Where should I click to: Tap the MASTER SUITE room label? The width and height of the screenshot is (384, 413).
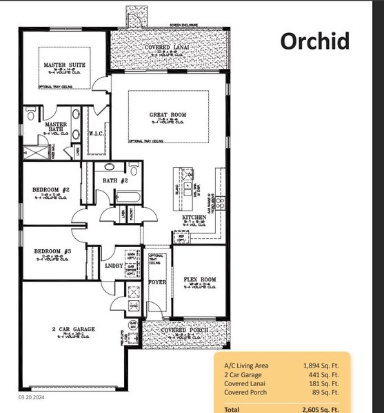tap(65, 65)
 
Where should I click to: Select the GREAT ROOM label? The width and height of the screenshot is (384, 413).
tap(168, 114)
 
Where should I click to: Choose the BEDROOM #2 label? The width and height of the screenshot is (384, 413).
tap(52, 189)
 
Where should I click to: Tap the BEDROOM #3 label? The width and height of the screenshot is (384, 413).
tap(52, 251)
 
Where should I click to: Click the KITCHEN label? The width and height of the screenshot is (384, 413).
tap(194, 218)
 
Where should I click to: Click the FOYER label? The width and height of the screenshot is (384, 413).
tap(158, 282)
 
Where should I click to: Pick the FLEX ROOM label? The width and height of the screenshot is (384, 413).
tap(200, 279)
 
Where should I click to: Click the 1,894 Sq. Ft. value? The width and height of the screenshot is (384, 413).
tap(320, 366)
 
